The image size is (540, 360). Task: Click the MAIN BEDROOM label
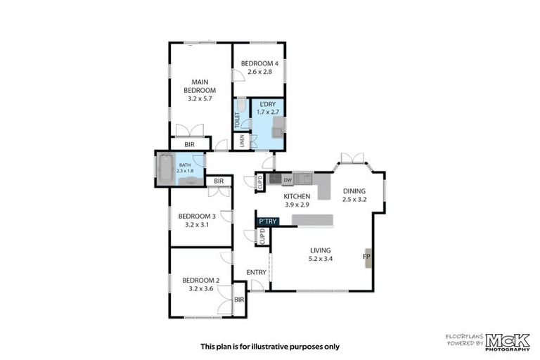point(200,86)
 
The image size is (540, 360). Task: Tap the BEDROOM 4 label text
point(259,64)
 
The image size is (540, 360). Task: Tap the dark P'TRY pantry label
point(268,221)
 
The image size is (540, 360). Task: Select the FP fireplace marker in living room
point(366,257)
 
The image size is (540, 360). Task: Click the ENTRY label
point(256,272)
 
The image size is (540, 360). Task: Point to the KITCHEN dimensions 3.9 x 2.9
point(296,205)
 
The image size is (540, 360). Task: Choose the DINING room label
point(354,191)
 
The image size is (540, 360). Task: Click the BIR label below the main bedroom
point(189,144)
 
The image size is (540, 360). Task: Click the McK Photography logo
point(504,340)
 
